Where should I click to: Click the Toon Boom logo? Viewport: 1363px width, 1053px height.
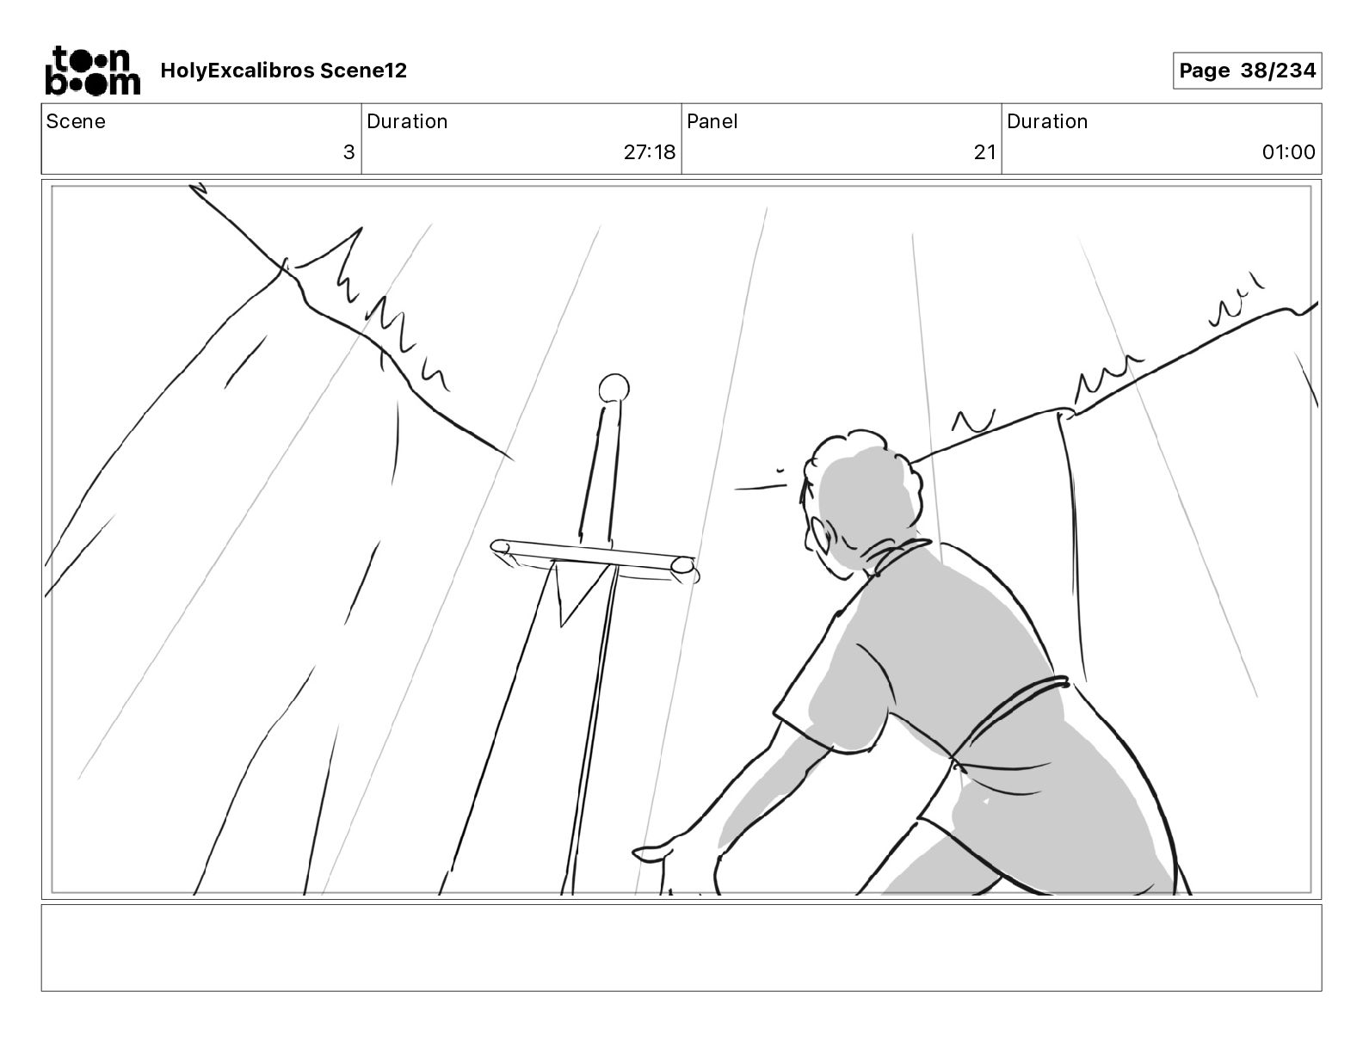click(x=93, y=71)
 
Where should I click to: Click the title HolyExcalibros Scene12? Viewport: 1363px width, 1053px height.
click(x=283, y=71)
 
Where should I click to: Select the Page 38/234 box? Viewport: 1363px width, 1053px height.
click(x=1247, y=71)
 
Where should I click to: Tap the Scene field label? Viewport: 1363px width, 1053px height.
click(x=75, y=121)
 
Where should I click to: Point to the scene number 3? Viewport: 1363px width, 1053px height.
click(x=348, y=151)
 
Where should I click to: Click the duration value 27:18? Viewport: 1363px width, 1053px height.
click(x=649, y=151)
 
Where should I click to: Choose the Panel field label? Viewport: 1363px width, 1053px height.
click(x=712, y=121)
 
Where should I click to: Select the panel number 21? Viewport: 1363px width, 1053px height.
click(x=984, y=151)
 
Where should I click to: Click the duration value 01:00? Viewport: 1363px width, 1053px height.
click(x=1288, y=151)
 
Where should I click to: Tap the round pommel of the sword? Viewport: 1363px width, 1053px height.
click(x=614, y=389)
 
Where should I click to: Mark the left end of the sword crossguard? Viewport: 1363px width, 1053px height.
click(x=500, y=547)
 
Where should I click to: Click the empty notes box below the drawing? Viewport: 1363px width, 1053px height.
click(x=681, y=948)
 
